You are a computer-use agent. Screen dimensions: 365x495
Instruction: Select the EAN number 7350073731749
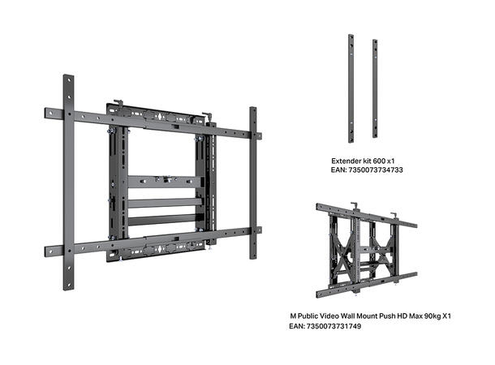334,326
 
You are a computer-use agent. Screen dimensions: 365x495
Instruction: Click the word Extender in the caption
345,161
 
